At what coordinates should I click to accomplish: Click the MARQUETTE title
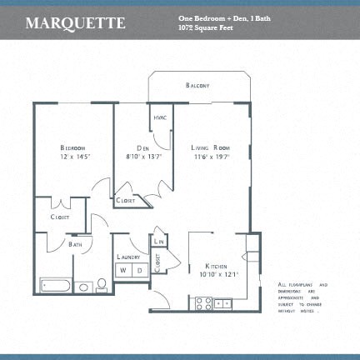pos(75,22)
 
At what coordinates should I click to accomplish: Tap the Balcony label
pos(197,86)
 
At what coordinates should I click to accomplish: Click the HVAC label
pos(160,117)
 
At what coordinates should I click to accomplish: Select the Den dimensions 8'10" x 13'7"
pos(142,156)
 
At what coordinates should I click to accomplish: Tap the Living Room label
pos(210,147)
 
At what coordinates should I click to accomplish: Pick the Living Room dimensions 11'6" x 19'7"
pos(210,156)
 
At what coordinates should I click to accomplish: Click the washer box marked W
pos(122,271)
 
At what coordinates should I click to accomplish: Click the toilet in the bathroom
pos(102,285)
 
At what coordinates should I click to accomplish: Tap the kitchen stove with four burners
pos(202,303)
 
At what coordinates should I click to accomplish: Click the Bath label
pos(75,245)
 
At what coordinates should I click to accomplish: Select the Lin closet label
pos(159,241)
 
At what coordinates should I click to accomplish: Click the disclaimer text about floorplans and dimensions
pos(302,298)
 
